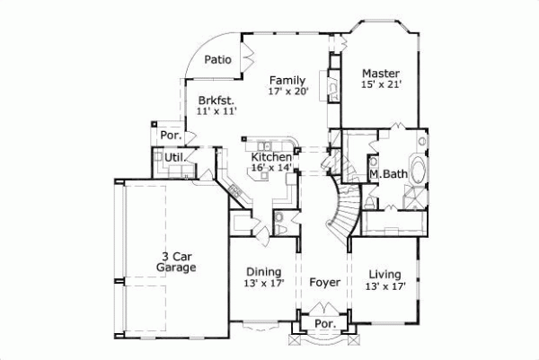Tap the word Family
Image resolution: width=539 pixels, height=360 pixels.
click(287, 80)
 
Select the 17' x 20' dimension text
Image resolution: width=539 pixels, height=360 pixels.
click(287, 92)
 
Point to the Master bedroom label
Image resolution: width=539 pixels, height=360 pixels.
click(381, 73)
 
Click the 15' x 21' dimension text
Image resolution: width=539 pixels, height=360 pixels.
click(381, 84)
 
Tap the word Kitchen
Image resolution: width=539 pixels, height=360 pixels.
click(271, 156)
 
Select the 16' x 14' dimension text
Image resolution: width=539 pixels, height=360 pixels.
click(272, 168)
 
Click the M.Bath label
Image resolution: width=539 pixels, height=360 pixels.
click(390, 174)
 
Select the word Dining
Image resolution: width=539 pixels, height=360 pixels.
click(263, 272)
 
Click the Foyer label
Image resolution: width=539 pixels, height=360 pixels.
click(324, 283)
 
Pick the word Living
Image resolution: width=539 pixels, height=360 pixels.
click(384, 274)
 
